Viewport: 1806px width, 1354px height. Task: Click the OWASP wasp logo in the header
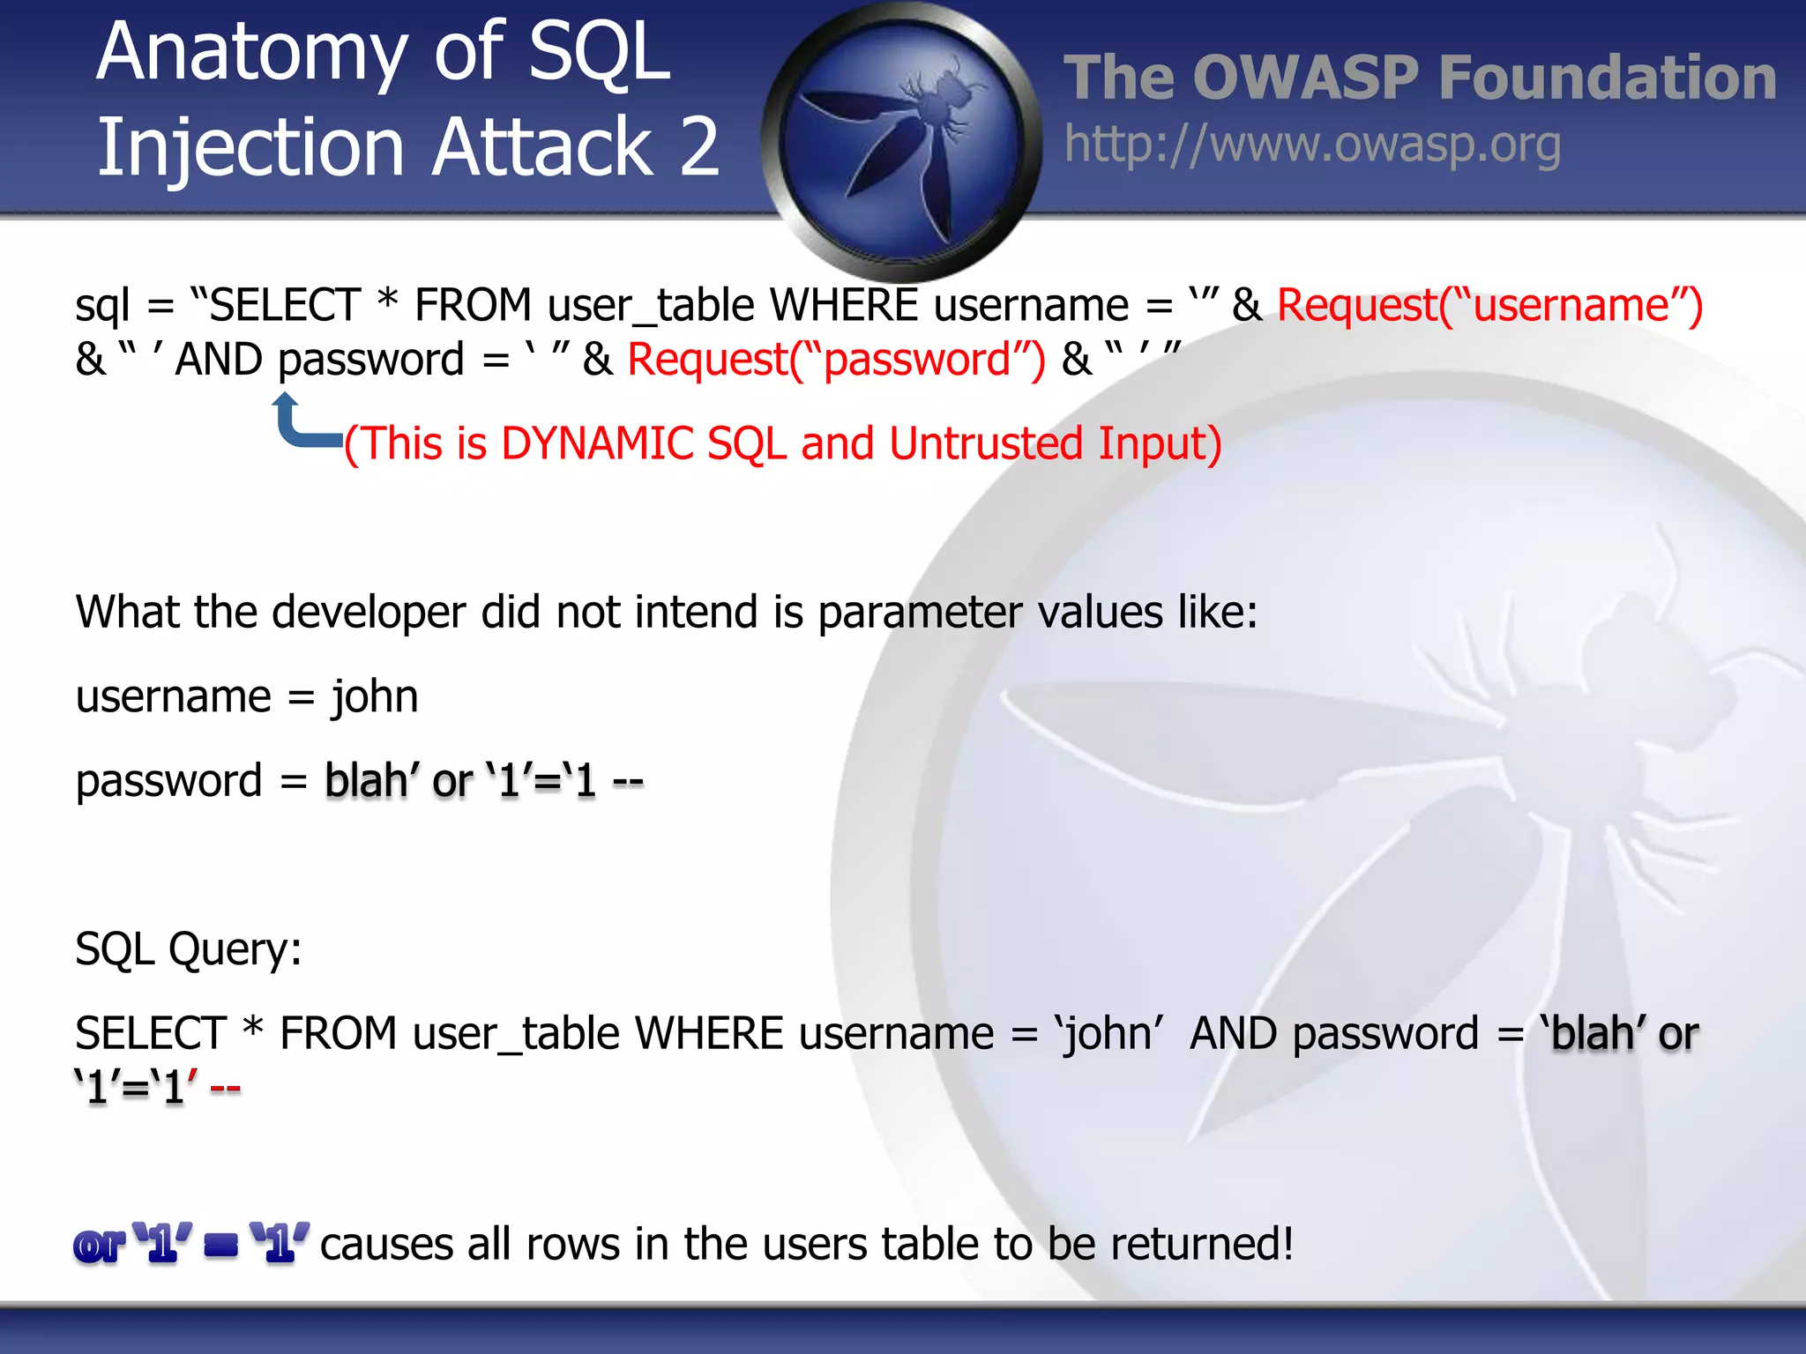[901, 141]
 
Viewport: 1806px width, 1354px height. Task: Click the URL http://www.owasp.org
[1312, 145]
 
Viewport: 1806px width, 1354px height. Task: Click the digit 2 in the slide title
[699, 146]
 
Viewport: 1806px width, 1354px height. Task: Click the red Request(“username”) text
[1489, 306]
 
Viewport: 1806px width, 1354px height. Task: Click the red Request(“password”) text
[836, 361]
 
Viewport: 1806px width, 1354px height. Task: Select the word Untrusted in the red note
[986, 443]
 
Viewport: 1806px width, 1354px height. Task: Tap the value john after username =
[375, 696]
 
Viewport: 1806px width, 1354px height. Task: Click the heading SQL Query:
[188, 949]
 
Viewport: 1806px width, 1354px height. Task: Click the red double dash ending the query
[226, 1089]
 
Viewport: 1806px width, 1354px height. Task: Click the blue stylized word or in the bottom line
[99, 1246]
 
